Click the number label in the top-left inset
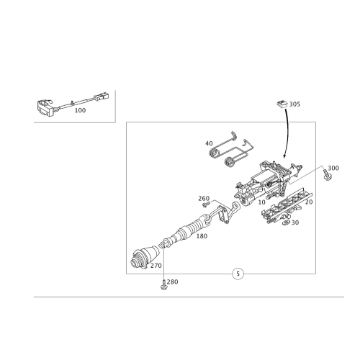(x=80, y=111)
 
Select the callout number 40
(x=210, y=143)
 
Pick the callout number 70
(x=309, y=202)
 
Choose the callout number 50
(x=294, y=223)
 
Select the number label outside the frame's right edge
(x=333, y=168)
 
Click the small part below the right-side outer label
(x=329, y=177)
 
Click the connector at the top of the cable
(x=281, y=103)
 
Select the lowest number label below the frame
(x=173, y=282)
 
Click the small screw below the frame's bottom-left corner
(x=163, y=288)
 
